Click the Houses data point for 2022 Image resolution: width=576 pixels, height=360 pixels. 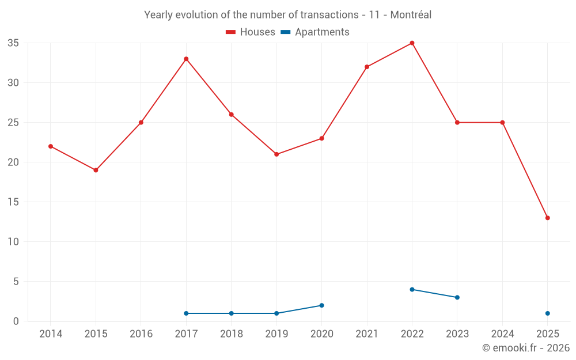pyautogui.click(x=412, y=43)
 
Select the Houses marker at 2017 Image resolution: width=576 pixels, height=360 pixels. pyautogui.click(x=186, y=59)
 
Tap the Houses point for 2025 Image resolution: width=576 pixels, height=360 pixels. pyautogui.click(x=547, y=218)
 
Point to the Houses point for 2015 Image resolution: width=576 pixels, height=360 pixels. pyautogui.click(x=96, y=170)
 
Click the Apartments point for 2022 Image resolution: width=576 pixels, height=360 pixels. pyautogui.click(x=412, y=289)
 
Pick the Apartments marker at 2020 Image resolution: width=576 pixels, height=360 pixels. pyautogui.click(x=321, y=305)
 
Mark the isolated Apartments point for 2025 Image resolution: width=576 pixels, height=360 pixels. pyautogui.click(x=547, y=313)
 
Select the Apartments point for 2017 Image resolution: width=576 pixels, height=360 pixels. pyautogui.click(x=186, y=313)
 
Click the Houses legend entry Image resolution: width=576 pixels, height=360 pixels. pyautogui.click(x=251, y=32)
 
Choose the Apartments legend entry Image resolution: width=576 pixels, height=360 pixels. pyautogui.click(x=315, y=32)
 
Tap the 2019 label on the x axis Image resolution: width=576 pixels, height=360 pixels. pyautogui.click(x=276, y=334)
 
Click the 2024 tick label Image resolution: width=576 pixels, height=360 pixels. pyautogui.click(x=502, y=334)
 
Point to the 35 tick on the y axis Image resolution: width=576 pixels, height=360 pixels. pyautogui.click(x=13, y=43)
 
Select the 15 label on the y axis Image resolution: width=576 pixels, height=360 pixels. pyautogui.click(x=13, y=202)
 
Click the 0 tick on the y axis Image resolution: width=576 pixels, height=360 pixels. pyautogui.click(x=16, y=321)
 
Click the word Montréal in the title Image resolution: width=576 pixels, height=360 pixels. pyautogui.click(x=411, y=15)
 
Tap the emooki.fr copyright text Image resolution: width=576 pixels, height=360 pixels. pyautogui.click(x=525, y=348)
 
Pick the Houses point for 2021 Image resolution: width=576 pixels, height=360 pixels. pyautogui.click(x=367, y=67)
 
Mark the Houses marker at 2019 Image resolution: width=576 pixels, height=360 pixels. pyautogui.click(x=276, y=154)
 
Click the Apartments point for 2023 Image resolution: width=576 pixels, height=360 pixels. pyautogui.click(x=457, y=297)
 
